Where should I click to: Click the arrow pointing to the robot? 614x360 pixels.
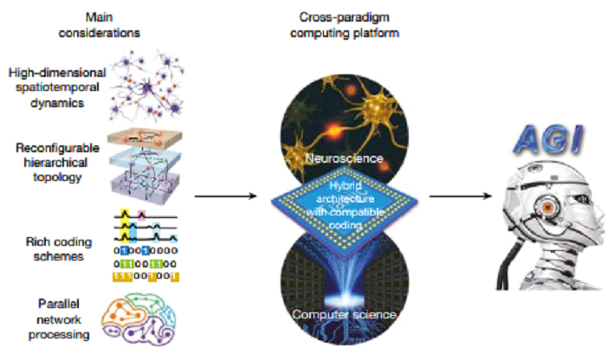[x=463, y=196]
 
